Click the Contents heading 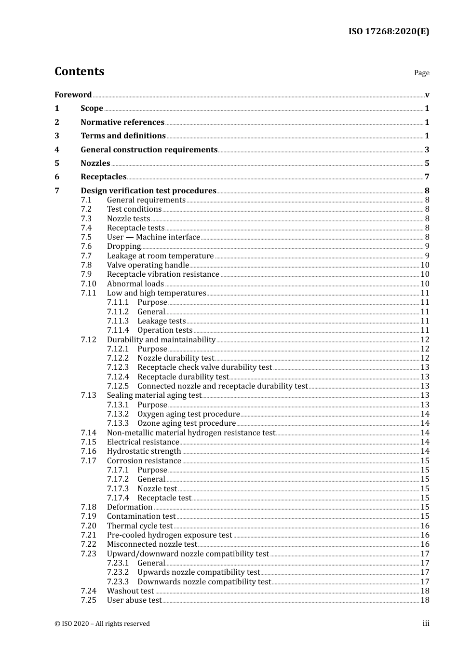point(79,71)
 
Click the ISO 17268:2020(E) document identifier point(389,31)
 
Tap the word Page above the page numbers point(421,73)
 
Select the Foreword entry point(73,95)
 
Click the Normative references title point(122,122)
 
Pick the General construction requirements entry point(149,150)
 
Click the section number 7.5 point(86,237)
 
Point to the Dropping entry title point(124,246)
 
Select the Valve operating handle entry point(148,265)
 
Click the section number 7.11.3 point(118,321)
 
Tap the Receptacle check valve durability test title point(204,367)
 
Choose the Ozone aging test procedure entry point(187,423)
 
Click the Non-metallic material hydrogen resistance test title point(191,433)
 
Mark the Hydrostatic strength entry point(144,451)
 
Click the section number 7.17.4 point(118,498)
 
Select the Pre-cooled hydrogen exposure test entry point(169,535)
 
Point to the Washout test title point(130,591)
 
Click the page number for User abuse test point(425,600)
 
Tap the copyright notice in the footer point(102,624)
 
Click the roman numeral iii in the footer point(426,623)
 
